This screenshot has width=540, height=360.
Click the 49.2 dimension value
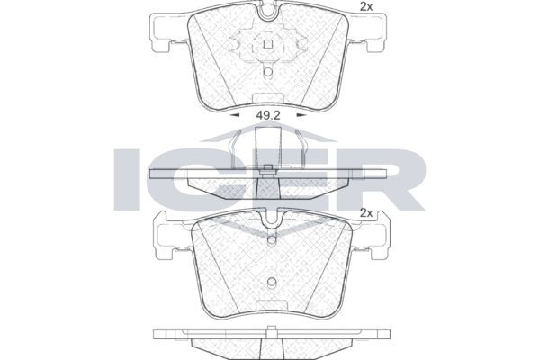tap(268, 115)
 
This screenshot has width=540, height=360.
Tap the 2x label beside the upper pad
tap(366, 7)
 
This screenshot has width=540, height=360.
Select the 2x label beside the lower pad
tap(366, 213)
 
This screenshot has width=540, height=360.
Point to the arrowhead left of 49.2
tap(235, 115)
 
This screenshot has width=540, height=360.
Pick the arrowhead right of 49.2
tap(301, 115)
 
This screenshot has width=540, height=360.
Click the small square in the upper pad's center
tap(268, 44)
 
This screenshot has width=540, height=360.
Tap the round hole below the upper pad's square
tap(268, 72)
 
